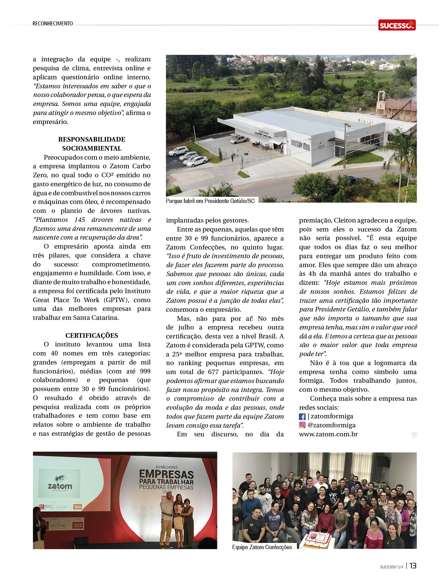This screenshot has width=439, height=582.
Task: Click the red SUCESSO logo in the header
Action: [397, 25]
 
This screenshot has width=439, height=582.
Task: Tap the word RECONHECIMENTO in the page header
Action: [53, 24]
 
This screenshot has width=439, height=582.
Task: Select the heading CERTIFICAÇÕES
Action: [92, 335]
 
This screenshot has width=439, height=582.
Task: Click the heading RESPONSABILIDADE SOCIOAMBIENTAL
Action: [92, 144]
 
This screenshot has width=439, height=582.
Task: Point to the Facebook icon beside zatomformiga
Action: [302, 417]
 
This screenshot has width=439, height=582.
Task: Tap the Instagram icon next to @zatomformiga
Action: [302, 425]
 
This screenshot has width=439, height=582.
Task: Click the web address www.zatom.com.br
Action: [328, 434]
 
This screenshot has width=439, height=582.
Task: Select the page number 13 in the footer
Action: [413, 566]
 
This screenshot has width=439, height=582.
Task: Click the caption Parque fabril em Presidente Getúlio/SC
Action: [210, 201]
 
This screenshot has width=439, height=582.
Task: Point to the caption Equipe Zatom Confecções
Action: [262, 547]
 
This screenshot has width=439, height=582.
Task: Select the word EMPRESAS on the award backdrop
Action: [166, 474]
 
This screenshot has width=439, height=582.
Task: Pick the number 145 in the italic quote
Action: [80, 220]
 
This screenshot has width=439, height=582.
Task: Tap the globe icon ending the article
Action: [414, 435]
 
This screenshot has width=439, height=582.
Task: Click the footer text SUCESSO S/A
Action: [392, 567]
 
